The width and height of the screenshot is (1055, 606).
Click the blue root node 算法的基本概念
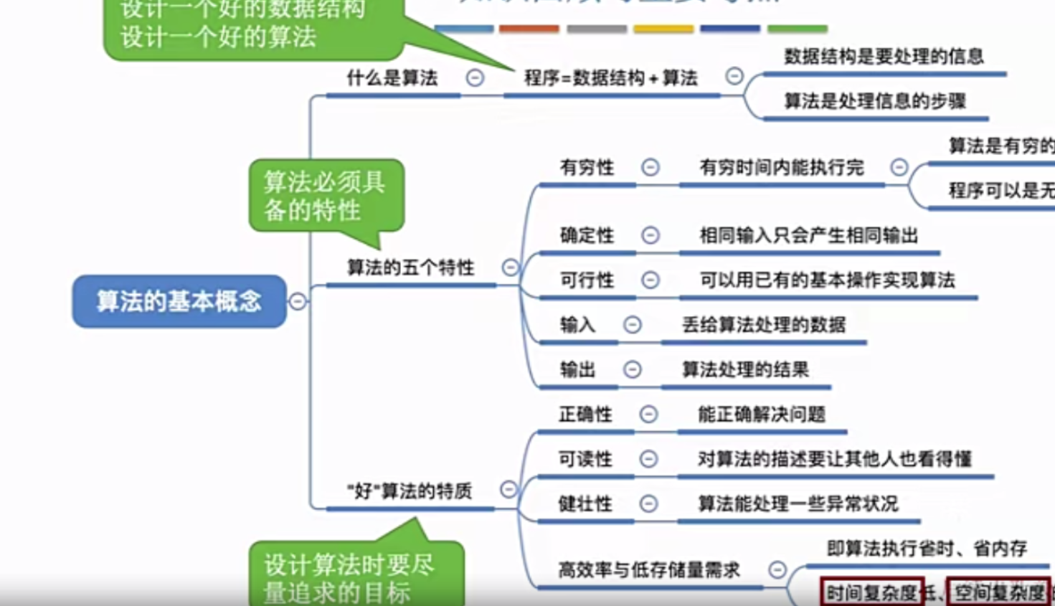coord(179,301)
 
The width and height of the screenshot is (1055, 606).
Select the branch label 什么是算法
coord(392,78)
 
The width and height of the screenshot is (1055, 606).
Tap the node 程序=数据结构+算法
coord(610,78)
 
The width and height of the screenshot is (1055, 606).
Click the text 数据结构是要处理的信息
coord(883,57)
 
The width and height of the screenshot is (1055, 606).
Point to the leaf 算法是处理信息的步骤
coord(874,101)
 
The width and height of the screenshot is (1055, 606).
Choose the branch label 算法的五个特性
coord(410,268)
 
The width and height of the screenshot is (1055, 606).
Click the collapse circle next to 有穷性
coord(650,168)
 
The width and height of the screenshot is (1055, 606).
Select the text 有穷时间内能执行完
coord(781,168)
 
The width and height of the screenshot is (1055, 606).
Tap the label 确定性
coord(587,235)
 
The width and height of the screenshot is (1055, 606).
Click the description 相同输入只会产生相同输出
coord(808,235)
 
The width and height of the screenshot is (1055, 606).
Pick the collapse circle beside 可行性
coord(650,280)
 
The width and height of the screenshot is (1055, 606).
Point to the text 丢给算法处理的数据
coord(763,325)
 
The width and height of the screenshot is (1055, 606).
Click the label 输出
coord(577,370)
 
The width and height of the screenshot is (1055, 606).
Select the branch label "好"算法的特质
coord(410,491)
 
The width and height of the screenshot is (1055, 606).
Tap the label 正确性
coord(585,415)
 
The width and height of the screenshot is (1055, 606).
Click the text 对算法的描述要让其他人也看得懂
coord(834,459)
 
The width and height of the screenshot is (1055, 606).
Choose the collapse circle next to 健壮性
coord(648,504)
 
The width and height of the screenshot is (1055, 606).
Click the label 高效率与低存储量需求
coord(649,570)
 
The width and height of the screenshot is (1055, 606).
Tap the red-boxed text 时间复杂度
coord(871,593)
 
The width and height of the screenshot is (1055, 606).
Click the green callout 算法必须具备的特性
coord(324,196)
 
